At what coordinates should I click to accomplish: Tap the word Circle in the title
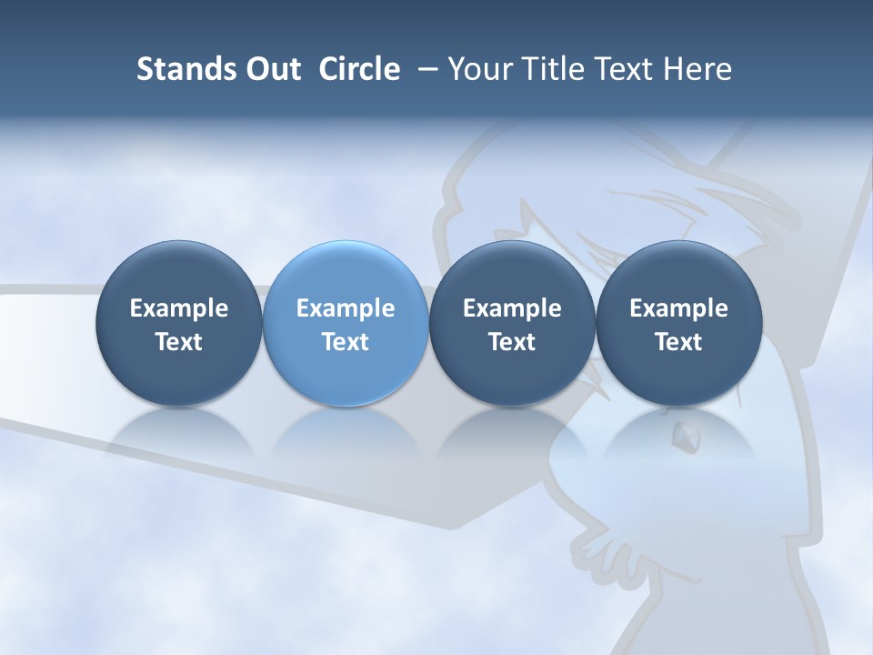point(359,69)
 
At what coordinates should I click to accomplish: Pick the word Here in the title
point(698,69)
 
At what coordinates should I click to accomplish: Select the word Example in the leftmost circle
point(179,308)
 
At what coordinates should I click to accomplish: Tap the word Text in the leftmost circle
point(179,342)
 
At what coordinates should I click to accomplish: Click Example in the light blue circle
point(346,308)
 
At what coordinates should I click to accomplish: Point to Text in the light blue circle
point(346,342)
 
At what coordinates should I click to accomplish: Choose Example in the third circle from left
point(512,308)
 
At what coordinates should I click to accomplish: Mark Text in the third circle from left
point(512,342)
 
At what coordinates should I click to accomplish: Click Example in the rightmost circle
point(678,308)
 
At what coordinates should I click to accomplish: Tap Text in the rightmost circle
point(678,342)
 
